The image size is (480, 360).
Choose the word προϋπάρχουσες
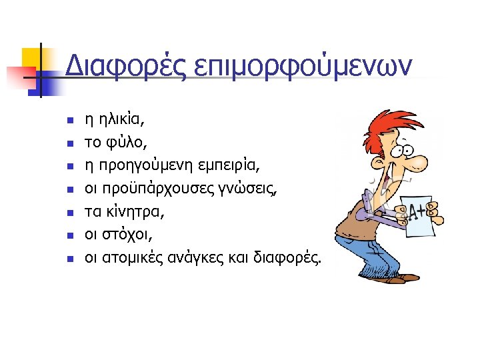(x=155, y=189)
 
